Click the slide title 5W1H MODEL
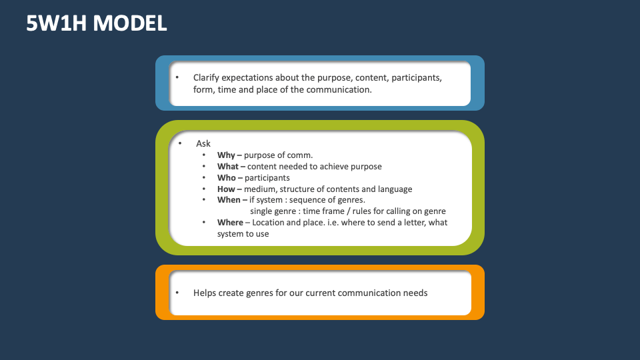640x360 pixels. click(97, 23)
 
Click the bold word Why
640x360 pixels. click(225, 155)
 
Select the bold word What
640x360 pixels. click(228, 167)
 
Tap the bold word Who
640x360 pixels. click(227, 178)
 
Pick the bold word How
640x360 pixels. click(226, 189)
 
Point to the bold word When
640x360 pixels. click(228, 200)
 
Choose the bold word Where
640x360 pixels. click(230, 223)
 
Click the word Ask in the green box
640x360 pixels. click(203, 144)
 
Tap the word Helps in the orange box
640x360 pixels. click(205, 293)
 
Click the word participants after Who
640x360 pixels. click(267, 178)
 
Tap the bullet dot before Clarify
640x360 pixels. click(177, 77)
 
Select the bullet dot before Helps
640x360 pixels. click(177, 293)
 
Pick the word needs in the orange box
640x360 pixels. click(415, 293)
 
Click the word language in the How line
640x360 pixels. click(394, 189)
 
